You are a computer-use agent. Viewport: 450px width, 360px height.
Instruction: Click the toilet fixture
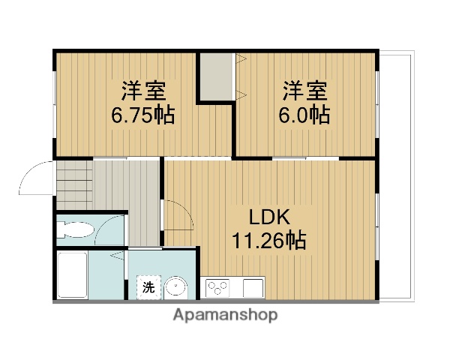pyautogui.click(x=75, y=231)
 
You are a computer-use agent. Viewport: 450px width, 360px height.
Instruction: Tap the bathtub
pyautogui.click(x=73, y=274)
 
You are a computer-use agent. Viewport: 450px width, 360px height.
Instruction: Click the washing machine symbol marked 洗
pyautogui.click(x=148, y=286)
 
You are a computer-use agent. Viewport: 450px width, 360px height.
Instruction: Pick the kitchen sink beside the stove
pyautogui.click(x=253, y=286)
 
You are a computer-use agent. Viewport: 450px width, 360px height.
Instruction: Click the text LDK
pyautogui.click(x=268, y=217)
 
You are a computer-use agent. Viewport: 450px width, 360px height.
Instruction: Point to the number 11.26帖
pyautogui.click(x=267, y=241)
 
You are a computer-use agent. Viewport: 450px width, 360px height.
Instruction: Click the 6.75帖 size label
pyautogui.click(x=143, y=115)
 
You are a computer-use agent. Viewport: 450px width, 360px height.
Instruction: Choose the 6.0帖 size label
pyautogui.click(x=305, y=115)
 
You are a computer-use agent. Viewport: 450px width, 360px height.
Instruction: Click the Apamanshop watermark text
pyautogui.click(x=225, y=315)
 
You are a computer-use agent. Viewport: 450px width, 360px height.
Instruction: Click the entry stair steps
pyautogui.click(x=73, y=184)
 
